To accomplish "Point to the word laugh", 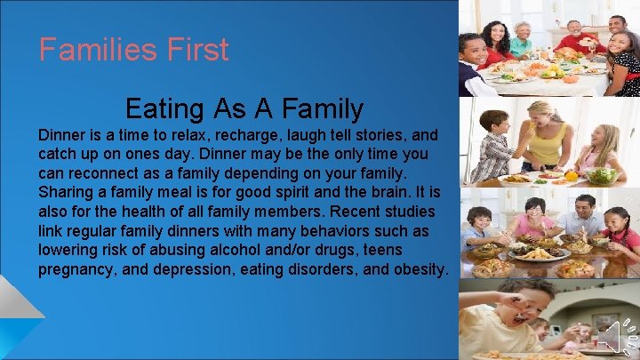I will coord(307,136).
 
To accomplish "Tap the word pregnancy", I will coord(78,269).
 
